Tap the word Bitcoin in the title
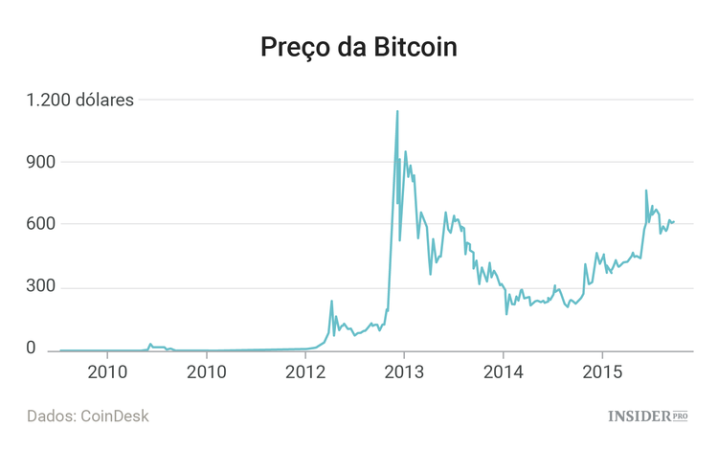(x=418, y=48)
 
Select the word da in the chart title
(x=353, y=48)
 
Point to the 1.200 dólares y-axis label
(x=79, y=99)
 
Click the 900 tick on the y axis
(x=44, y=162)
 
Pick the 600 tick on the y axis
(x=44, y=224)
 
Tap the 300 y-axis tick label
(x=44, y=287)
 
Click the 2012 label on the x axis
(x=304, y=371)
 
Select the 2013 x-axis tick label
(x=404, y=371)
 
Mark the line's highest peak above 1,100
(x=397, y=111)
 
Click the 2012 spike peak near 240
(x=331, y=301)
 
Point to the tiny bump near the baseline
(x=150, y=344)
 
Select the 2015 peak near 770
(x=646, y=191)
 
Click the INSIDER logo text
(x=638, y=416)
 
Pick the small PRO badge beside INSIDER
(x=680, y=416)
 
